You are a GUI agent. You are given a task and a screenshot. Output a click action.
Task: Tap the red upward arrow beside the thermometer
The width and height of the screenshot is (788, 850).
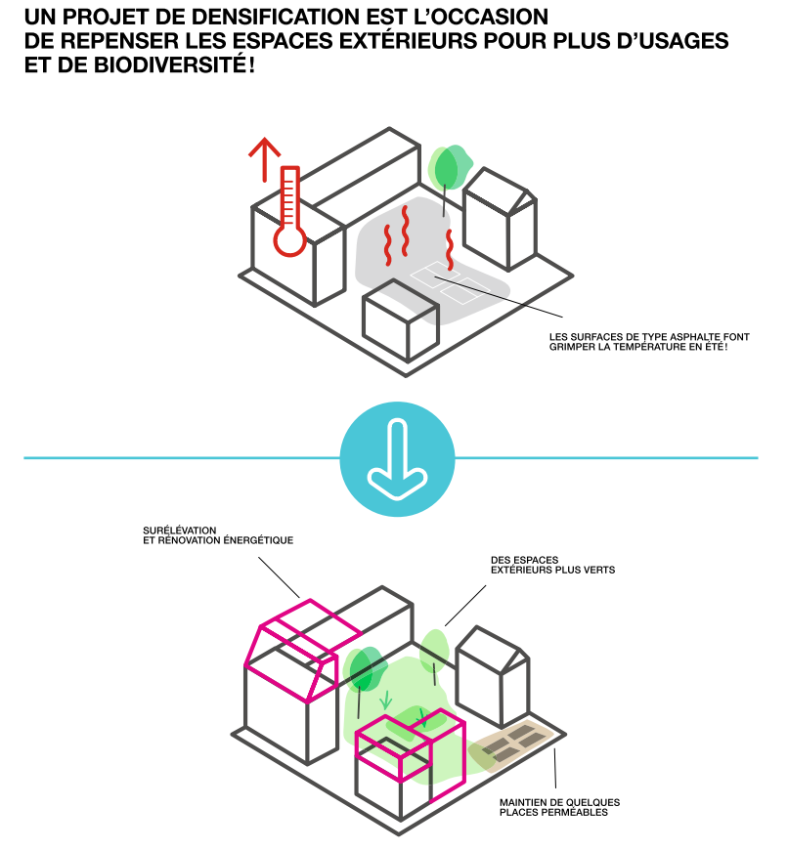(x=265, y=159)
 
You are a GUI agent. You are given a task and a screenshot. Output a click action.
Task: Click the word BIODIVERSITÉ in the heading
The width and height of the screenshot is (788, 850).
(x=171, y=65)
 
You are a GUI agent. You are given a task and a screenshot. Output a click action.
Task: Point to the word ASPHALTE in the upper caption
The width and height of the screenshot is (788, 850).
(x=696, y=337)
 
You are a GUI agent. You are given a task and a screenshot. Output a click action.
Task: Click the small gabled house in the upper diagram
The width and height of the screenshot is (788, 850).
(x=500, y=219)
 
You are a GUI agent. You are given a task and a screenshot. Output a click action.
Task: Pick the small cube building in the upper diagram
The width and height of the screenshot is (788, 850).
(x=400, y=319)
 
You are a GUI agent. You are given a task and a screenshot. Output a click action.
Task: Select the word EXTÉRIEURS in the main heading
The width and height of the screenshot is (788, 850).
(x=410, y=41)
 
